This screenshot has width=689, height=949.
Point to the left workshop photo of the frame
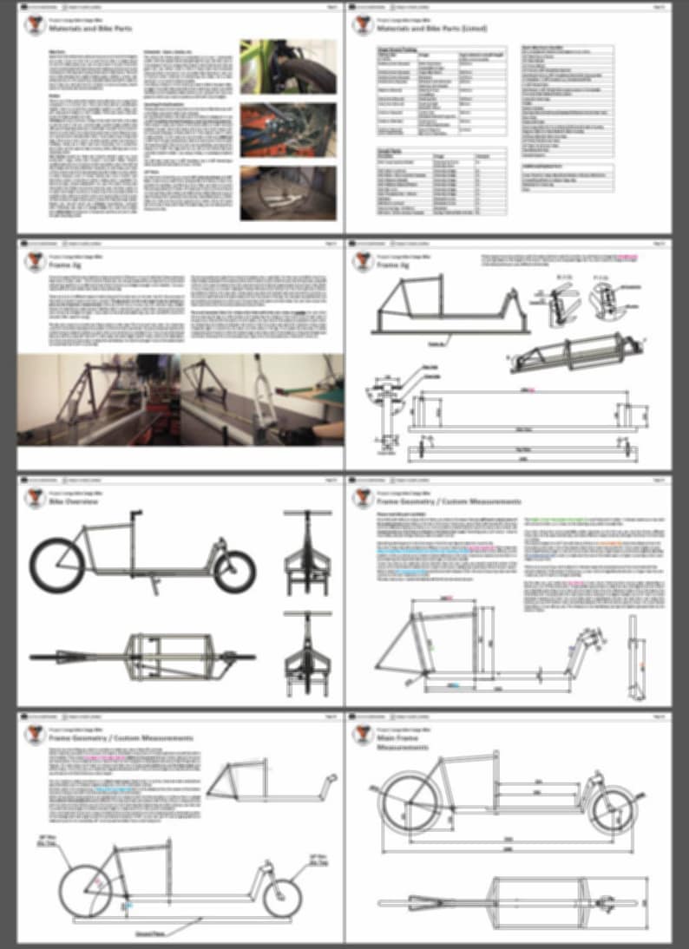[98, 399]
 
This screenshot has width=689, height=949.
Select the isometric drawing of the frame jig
[577, 351]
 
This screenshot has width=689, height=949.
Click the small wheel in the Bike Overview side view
[233, 570]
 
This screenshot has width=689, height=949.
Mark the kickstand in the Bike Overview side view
[156, 586]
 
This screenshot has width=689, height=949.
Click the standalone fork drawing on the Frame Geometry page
[636, 659]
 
